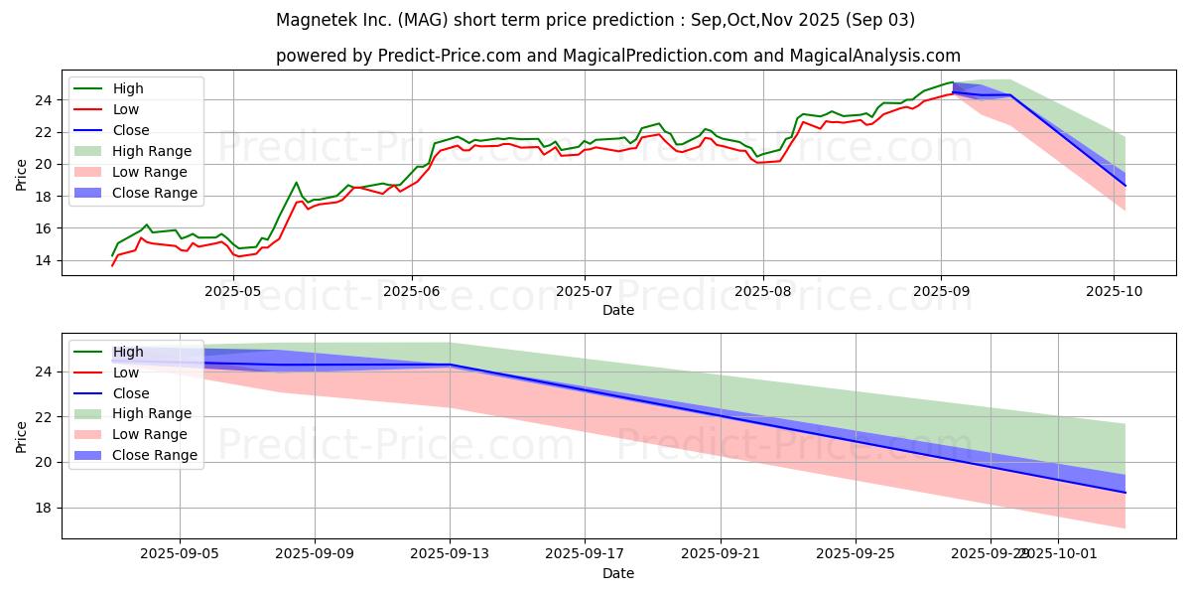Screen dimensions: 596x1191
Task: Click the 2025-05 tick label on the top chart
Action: point(233,291)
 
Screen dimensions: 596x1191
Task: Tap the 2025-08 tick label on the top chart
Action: point(762,291)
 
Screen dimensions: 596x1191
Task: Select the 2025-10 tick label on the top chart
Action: point(1114,291)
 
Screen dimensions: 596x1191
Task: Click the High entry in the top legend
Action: point(128,88)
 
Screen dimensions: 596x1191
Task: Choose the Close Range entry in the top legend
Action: point(155,193)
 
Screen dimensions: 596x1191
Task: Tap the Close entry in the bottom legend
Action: point(131,393)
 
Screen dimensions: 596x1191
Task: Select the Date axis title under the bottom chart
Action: point(617,573)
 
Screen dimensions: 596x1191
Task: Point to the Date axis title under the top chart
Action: point(617,310)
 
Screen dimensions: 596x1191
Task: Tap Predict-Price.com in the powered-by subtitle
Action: point(450,57)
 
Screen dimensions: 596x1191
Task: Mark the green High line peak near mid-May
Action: point(296,182)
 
